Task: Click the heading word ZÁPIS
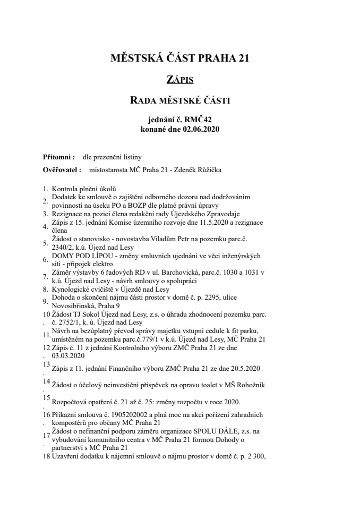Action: (x=180, y=80)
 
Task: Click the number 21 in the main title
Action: (x=242, y=58)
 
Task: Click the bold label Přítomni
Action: (x=57, y=157)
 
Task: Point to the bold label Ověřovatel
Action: (x=61, y=170)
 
